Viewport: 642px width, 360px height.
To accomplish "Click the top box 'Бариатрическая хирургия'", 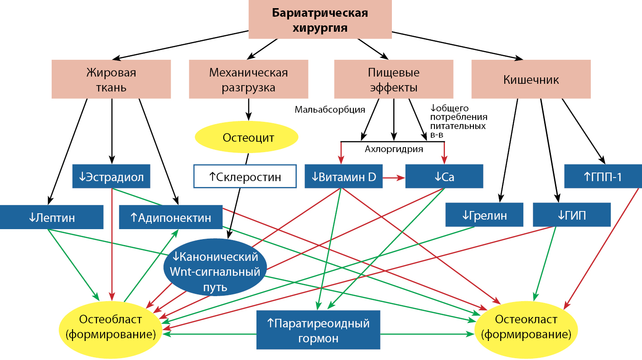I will point(320,19).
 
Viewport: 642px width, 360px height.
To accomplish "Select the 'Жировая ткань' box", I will point(111,79).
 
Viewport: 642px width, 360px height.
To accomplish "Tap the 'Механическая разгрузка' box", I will point(248,79).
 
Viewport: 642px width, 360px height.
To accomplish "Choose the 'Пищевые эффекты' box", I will point(393,79).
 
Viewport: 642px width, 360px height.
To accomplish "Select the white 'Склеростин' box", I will point(245,177).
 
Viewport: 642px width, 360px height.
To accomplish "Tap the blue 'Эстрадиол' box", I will point(111,177).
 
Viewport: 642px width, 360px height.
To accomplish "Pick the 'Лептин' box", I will point(52,217).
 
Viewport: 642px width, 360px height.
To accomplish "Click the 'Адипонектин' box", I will point(171,217).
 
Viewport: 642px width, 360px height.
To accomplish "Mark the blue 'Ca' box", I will point(444,177).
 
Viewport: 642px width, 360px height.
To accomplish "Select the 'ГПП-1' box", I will point(603,177).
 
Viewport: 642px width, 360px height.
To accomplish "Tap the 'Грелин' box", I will point(484,215).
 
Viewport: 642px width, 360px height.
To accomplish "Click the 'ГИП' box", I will point(572,215).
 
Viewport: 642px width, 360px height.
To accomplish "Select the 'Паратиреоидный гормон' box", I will point(318,330).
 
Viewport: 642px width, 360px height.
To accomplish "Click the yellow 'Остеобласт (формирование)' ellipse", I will point(111,327).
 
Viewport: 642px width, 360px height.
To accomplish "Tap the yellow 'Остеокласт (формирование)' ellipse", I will point(526,327).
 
